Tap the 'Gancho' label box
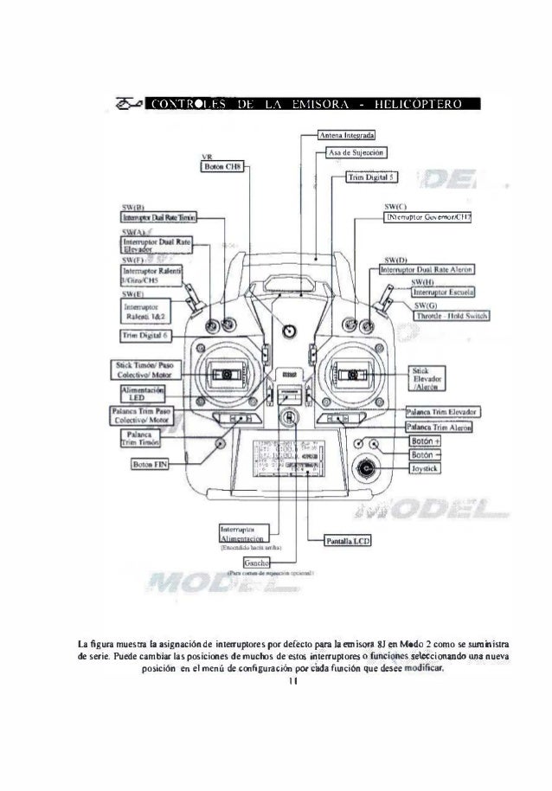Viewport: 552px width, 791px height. [254, 563]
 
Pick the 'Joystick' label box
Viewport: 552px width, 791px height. [426, 469]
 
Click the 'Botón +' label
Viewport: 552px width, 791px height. [426, 440]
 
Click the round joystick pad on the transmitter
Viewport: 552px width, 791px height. [369, 470]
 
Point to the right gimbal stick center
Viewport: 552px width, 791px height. [352, 374]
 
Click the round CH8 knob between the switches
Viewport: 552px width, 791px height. [289, 329]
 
